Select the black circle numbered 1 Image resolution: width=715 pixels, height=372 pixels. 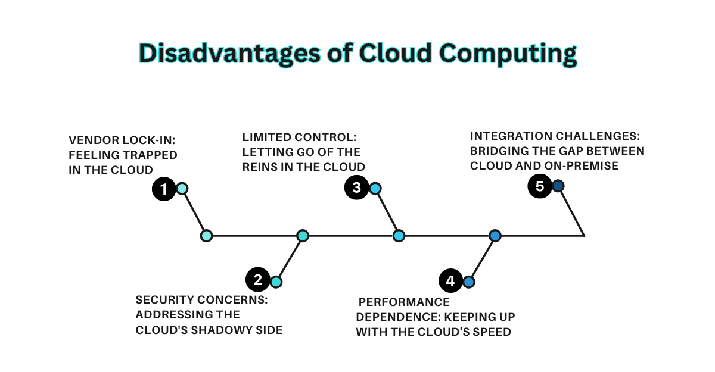163,189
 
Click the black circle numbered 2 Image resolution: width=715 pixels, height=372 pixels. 257,280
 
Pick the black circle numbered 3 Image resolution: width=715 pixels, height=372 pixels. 356,187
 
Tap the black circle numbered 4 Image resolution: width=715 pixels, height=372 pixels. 450,280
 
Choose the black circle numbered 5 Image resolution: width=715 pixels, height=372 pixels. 540,186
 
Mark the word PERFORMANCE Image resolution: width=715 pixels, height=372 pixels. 404,302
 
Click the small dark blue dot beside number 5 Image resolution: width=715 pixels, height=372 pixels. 558,186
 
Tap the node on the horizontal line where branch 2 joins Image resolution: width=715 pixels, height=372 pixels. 303,236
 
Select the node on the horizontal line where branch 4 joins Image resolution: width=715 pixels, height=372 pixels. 495,236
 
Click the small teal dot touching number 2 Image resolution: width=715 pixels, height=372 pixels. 275,282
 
